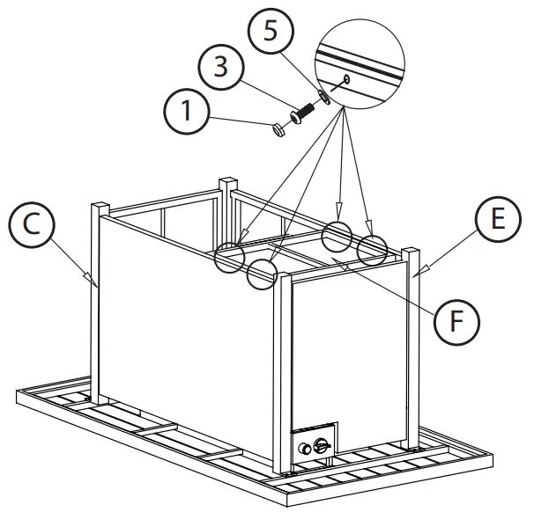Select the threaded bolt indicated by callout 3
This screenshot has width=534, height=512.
pyautogui.click(x=304, y=113)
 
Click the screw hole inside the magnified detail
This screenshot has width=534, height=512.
pyautogui.click(x=349, y=79)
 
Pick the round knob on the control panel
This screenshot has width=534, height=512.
pyautogui.click(x=308, y=448)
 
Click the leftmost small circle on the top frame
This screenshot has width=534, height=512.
pyautogui.click(x=233, y=256)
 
